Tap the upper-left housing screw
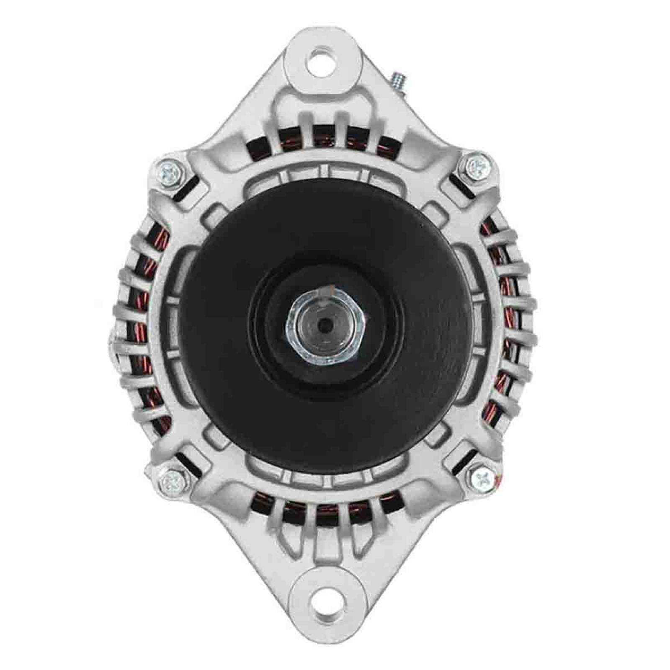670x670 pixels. point(170,170)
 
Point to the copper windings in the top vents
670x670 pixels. point(322,134)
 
